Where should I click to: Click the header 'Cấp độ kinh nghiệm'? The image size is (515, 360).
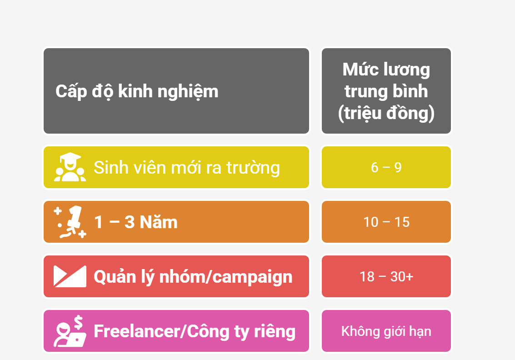pyautogui.click(x=137, y=91)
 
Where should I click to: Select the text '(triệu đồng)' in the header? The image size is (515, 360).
pyautogui.click(x=386, y=113)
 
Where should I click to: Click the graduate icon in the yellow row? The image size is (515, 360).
pyautogui.click(x=70, y=167)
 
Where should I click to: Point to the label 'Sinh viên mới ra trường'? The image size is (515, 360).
pyautogui.click(x=186, y=168)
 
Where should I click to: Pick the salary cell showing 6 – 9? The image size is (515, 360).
pyautogui.click(x=386, y=167)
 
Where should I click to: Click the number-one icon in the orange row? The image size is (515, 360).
pyautogui.click(x=70, y=222)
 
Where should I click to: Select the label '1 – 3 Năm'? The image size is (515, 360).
pyautogui.click(x=135, y=222)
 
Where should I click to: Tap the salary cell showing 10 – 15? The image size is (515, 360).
pyautogui.click(x=386, y=222)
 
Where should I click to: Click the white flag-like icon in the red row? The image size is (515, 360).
pyautogui.click(x=70, y=276)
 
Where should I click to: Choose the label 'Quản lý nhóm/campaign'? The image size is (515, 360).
pyautogui.click(x=193, y=277)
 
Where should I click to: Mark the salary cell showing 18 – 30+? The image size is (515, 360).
pyautogui.click(x=386, y=276)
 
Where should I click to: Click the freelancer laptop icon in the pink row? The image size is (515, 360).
pyautogui.click(x=70, y=332)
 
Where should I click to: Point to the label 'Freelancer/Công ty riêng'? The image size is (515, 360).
pyautogui.click(x=195, y=331)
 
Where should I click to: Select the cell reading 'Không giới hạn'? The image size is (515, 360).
pyautogui.click(x=386, y=331)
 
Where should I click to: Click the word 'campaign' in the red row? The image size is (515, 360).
pyautogui.click(x=252, y=278)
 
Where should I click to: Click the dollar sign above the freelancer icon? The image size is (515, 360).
pyautogui.click(x=79, y=322)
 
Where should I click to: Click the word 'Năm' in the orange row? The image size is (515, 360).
pyautogui.click(x=159, y=222)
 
